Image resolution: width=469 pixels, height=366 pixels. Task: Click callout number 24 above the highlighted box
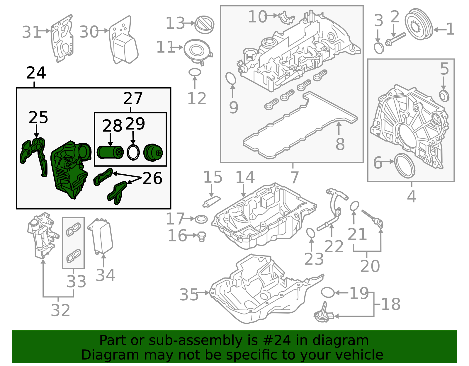[x=36, y=73]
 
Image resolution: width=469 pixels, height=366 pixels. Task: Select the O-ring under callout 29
[x=133, y=152]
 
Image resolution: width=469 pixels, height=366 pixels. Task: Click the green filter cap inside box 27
[x=153, y=152]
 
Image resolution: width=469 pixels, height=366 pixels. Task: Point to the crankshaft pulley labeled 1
[x=419, y=25]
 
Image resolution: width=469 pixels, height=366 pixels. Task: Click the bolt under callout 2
[x=395, y=39]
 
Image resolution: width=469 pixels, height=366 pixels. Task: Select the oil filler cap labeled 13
[x=205, y=25]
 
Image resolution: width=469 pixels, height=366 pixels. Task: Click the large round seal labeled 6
[x=405, y=165]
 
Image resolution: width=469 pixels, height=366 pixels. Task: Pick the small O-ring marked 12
[x=195, y=72]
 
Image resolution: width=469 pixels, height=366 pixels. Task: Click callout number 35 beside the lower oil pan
[x=189, y=294]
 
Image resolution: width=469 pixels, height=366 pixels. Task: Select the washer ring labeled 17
[x=201, y=219]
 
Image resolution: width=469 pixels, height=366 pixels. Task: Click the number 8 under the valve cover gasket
[x=340, y=144]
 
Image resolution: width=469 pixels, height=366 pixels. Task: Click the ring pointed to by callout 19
[x=328, y=292]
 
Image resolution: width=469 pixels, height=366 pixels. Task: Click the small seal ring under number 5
[x=444, y=96]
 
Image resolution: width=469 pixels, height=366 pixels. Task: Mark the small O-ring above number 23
[x=311, y=233]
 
